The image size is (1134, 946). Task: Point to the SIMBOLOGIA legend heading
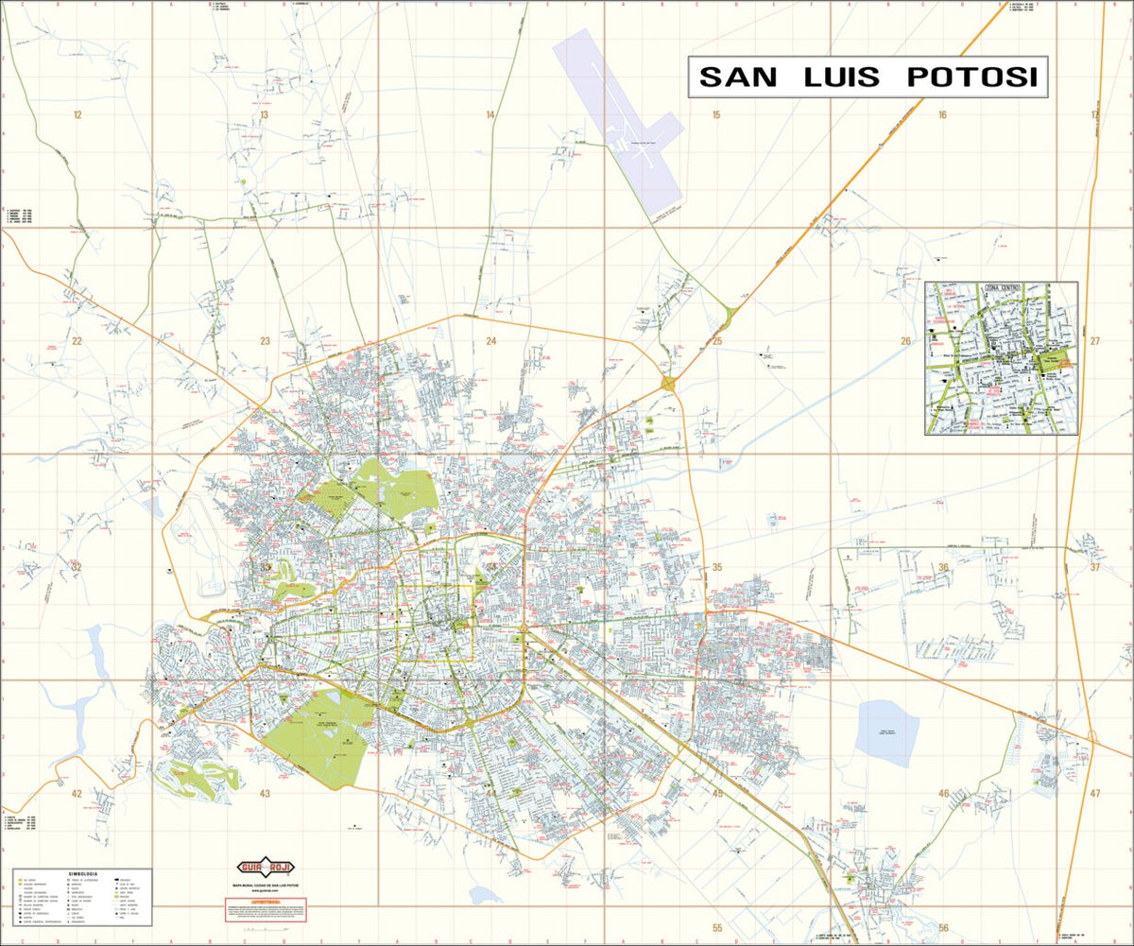point(83,874)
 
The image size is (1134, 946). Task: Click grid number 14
point(490,115)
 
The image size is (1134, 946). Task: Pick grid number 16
point(942,115)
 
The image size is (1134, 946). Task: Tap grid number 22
point(77,341)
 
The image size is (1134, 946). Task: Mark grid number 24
point(490,341)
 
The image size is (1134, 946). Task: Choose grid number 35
point(717,567)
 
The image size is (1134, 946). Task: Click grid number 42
point(77,794)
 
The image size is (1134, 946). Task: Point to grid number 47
point(1094,794)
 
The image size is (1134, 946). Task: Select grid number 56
point(942,927)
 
